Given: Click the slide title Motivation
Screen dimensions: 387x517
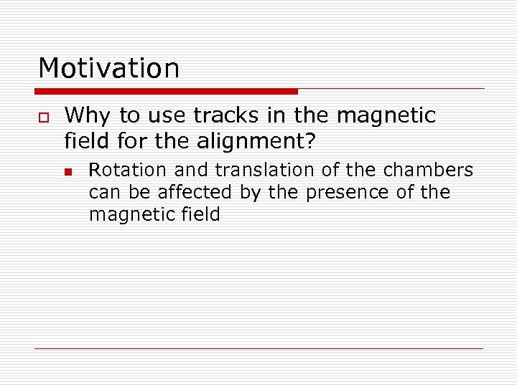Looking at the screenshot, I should tap(108, 69).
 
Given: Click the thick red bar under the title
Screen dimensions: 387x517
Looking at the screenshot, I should tap(166, 92).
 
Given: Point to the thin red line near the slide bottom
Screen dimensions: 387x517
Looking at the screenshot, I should tap(258, 348).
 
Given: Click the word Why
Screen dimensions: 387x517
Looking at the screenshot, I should tap(83, 115).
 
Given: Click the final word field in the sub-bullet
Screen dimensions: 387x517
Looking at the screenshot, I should tap(197, 214).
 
